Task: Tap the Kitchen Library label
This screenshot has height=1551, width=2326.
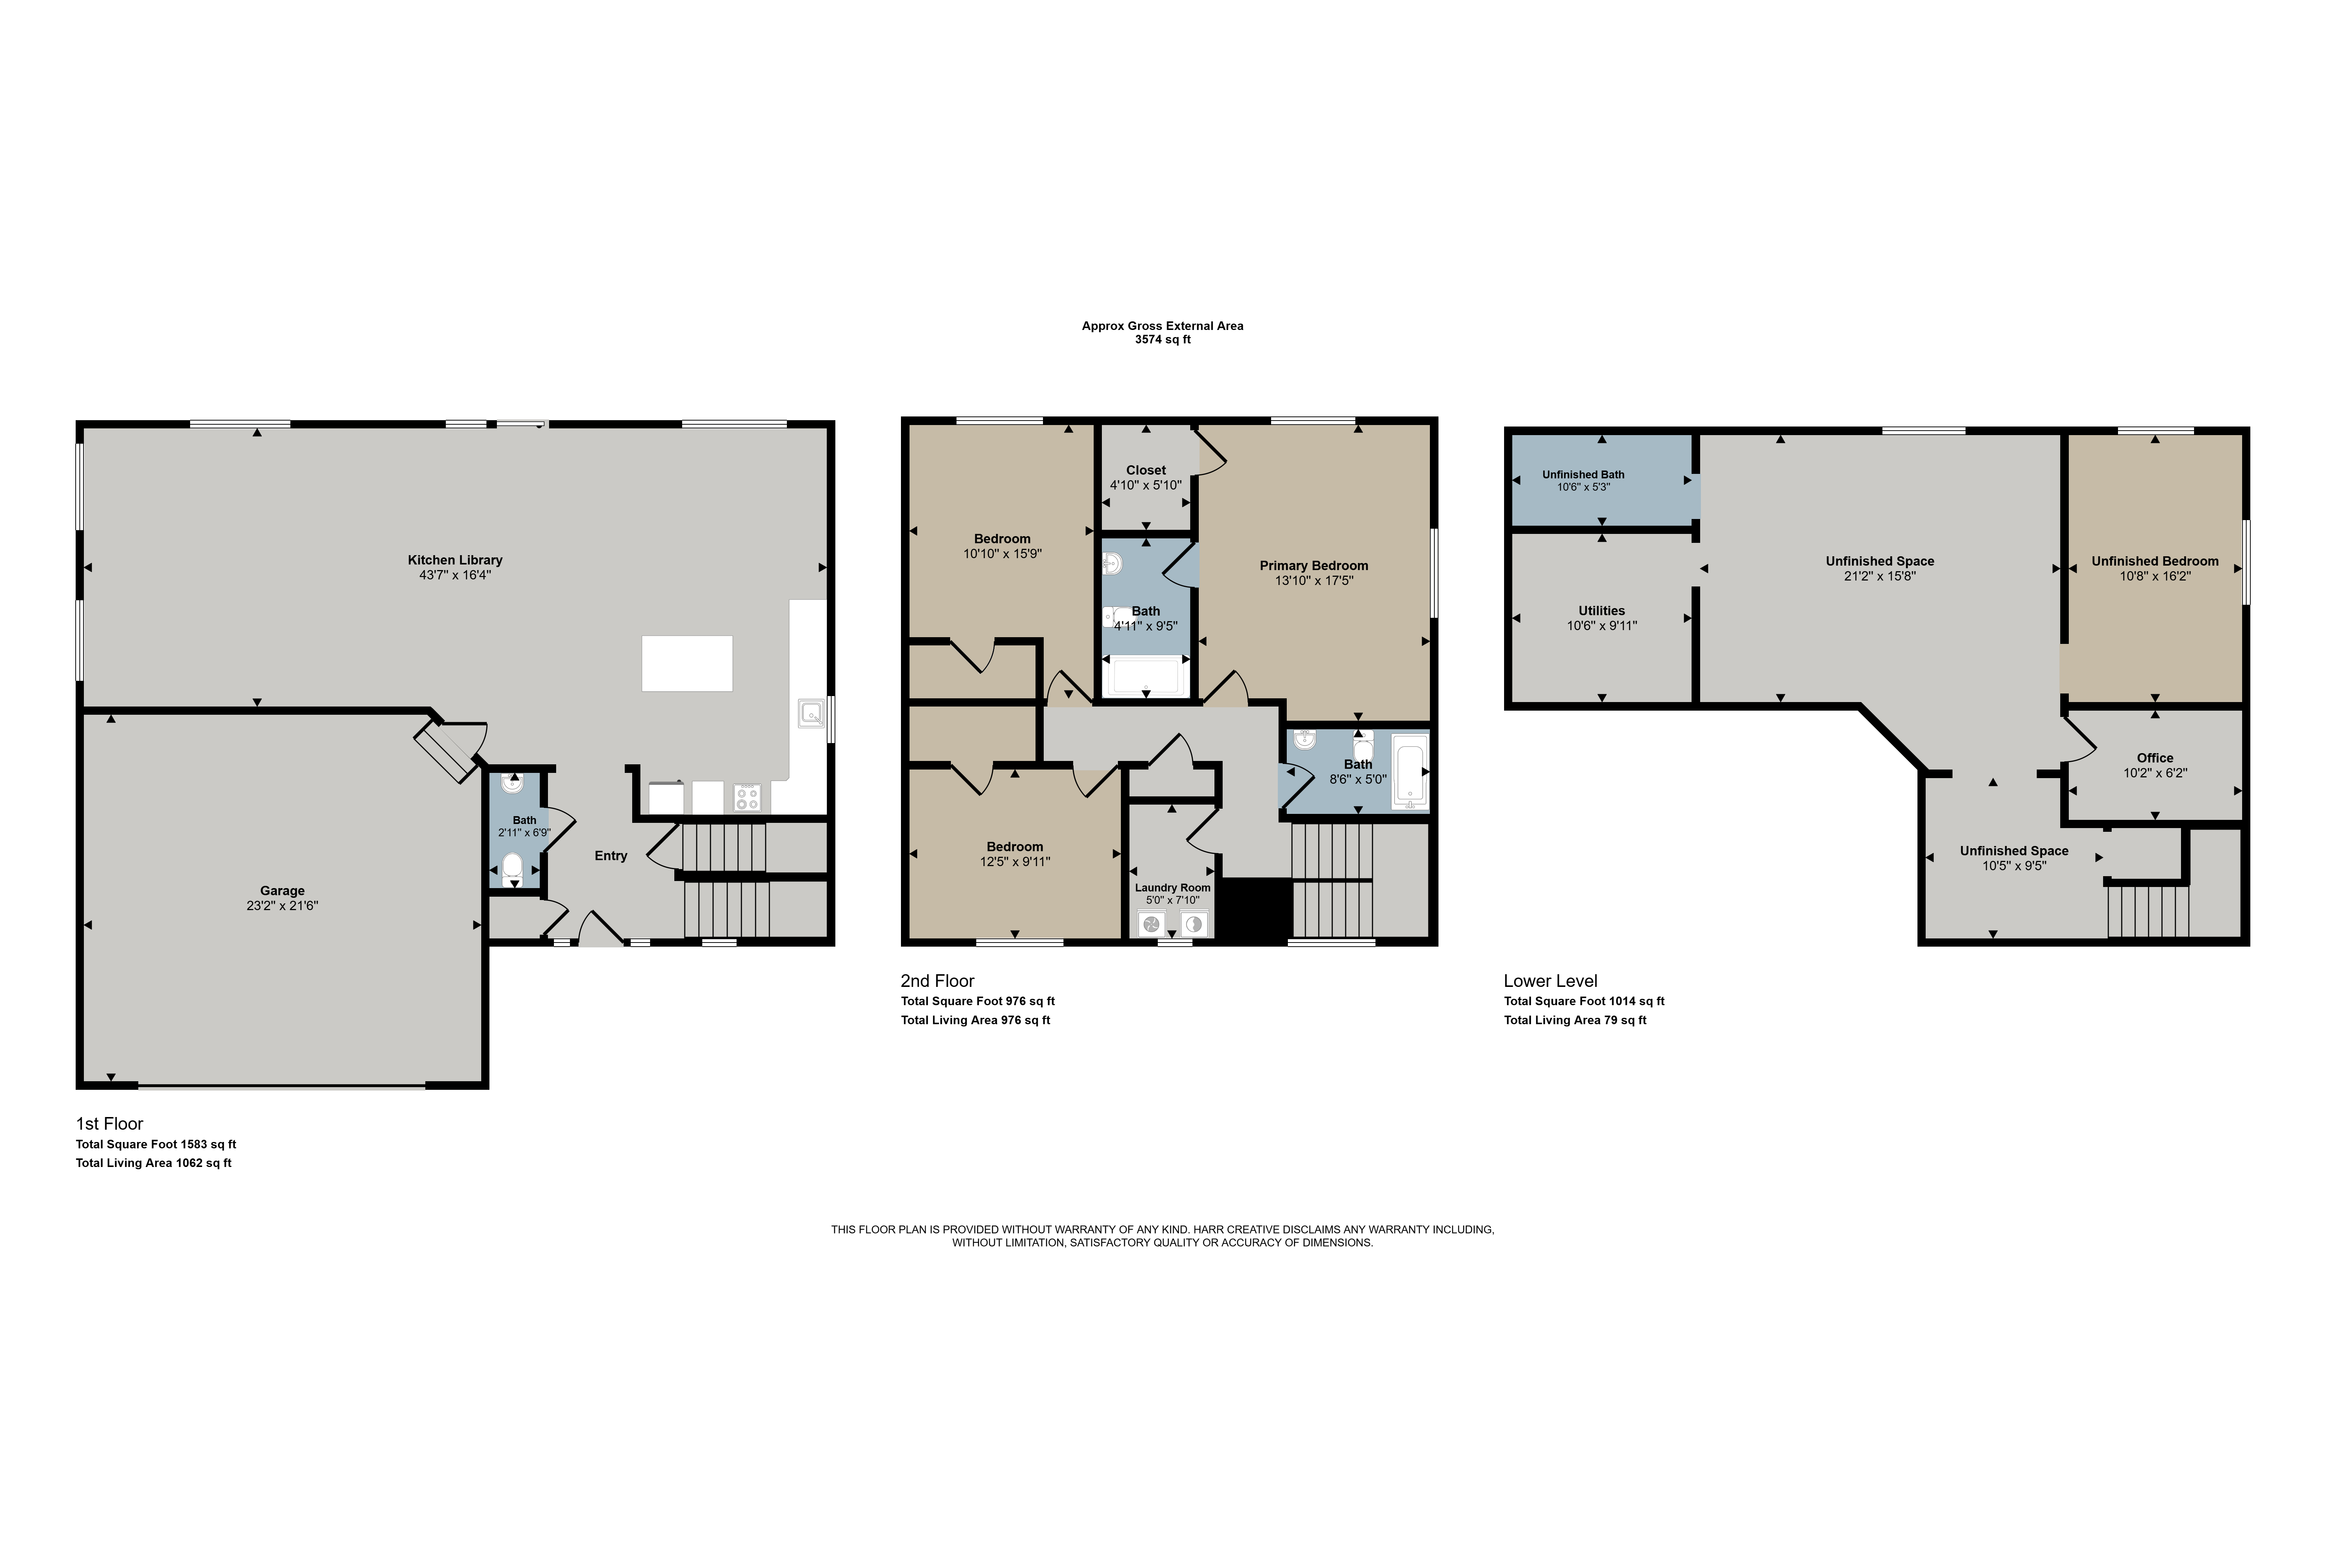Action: pyautogui.click(x=455, y=560)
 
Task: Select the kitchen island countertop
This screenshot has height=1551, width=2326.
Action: pyautogui.click(x=687, y=663)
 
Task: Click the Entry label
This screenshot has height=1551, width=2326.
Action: pyautogui.click(x=611, y=856)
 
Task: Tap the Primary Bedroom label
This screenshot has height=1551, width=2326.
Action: pyautogui.click(x=1314, y=566)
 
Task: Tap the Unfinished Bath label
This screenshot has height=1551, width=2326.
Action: pyautogui.click(x=1583, y=475)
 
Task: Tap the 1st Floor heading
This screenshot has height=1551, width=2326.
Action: pyautogui.click(x=110, y=1124)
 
